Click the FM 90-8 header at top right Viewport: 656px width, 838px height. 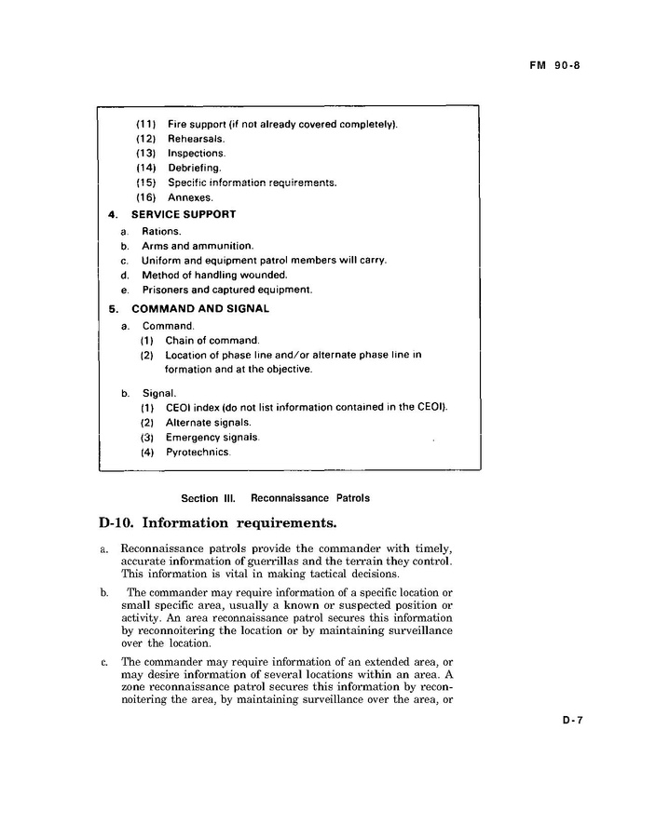[x=555, y=66]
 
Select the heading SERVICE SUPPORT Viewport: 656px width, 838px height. [x=184, y=214]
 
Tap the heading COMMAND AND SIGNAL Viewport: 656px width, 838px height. [x=200, y=308]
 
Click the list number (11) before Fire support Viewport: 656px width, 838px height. [x=146, y=124]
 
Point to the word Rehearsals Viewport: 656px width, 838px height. [x=197, y=139]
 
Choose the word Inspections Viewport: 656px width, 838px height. [x=197, y=154]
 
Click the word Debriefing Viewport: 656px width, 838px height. [x=195, y=169]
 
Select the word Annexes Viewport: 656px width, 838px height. [x=190, y=197]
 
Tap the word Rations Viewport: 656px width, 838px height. [x=161, y=231]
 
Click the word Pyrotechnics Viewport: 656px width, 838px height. [x=198, y=453]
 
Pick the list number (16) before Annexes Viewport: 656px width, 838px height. [x=146, y=197]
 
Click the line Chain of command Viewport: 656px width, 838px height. [x=212, y=341]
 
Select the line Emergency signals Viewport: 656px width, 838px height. [x=212, y=438]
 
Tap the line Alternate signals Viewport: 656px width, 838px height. [x=209, y=422]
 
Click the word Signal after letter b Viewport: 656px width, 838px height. [x=159, y=393]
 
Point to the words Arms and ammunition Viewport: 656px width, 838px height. [x=198, y=246]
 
